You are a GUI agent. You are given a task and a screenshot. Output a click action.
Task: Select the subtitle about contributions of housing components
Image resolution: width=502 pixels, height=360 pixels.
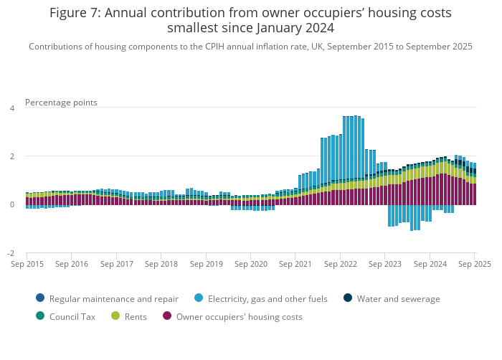[250, 47]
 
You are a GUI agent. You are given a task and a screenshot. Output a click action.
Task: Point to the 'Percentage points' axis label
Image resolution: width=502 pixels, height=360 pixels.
[61, 103]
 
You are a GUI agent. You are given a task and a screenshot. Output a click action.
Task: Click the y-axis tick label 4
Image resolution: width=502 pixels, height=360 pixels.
[11, 108]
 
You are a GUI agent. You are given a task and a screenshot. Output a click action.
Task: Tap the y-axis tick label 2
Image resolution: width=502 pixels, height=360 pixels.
[11, 156]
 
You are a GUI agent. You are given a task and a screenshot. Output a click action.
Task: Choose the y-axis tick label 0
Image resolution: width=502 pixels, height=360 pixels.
[11, 204]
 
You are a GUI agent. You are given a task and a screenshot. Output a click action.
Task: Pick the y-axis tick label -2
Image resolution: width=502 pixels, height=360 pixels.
[10, 253]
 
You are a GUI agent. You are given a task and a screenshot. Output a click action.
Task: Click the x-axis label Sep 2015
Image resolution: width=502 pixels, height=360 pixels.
[27, 264]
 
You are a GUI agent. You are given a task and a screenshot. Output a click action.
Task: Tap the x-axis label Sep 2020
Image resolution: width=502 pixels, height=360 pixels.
[250, 264]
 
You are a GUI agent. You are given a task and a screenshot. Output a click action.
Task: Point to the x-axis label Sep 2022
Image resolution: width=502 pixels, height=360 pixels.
[340, 264]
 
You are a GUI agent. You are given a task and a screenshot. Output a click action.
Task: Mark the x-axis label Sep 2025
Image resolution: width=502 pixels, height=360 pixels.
[475, 264]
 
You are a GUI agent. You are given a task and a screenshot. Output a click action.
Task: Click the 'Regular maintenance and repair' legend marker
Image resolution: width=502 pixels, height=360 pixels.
[39, 298]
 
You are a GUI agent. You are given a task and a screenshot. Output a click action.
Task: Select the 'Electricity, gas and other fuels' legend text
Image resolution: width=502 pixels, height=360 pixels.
[267, 298]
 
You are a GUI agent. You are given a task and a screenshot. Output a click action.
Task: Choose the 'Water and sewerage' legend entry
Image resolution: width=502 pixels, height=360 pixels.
[398, 298]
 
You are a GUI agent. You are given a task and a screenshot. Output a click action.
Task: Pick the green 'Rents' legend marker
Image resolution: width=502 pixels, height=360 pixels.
[116, 316]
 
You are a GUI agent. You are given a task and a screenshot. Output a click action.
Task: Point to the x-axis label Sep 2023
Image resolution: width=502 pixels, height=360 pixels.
[385, 264]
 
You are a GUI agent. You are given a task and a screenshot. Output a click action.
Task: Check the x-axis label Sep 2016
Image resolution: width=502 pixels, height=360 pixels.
[71, 264]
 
